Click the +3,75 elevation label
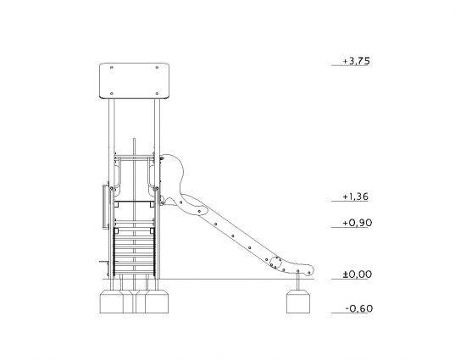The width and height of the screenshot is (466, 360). [357, 61]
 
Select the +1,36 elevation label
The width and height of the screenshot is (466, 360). [356, 197]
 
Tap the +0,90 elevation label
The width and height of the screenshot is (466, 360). [357, 223]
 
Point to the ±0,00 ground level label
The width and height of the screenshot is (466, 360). [358, 274]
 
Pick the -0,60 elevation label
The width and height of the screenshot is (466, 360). [358, 308]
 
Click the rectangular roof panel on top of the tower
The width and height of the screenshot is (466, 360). [135, 80]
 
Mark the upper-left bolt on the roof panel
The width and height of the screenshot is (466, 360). [112, 68]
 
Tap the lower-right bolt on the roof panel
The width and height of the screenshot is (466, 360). [157, 93]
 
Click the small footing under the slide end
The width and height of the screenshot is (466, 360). [298, 302]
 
